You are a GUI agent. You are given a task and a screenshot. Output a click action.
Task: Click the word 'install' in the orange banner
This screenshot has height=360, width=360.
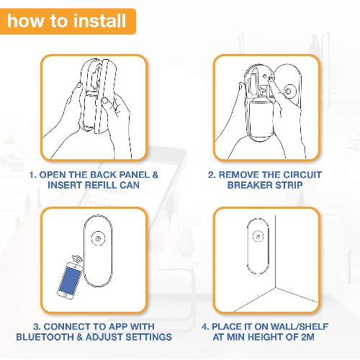pos(99,21)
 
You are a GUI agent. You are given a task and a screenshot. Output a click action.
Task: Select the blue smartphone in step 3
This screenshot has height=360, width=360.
pos(69,280)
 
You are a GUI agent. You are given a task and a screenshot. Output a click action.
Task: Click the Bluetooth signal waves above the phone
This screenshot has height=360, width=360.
pos(77,260)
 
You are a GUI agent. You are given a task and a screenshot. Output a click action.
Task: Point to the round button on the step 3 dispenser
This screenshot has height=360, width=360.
pos(98,238)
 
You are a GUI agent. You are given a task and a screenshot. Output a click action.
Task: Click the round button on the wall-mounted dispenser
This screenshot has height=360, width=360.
pos(258,236)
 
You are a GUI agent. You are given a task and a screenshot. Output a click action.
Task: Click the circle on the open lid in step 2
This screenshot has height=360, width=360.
pos(288,91)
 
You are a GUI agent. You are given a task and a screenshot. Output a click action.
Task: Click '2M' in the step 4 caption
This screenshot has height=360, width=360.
pos(307,337)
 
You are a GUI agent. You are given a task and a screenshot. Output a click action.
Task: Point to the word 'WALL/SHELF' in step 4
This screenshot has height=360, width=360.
pos(300,327)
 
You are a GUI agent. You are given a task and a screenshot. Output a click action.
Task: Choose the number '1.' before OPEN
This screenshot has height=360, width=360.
pos(33,175)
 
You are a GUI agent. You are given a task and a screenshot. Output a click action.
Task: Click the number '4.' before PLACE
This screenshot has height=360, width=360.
pos(205,327)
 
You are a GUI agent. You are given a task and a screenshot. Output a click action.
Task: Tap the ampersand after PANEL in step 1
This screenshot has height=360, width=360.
pos(156,175)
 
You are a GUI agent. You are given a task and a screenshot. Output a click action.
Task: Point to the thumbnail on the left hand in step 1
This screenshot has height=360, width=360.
pos(78,85)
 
